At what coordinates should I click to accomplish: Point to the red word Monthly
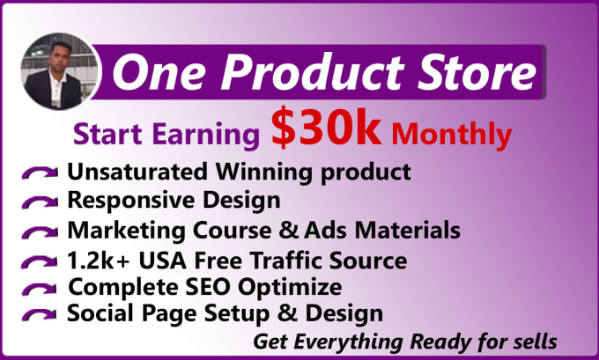(451, 135)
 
